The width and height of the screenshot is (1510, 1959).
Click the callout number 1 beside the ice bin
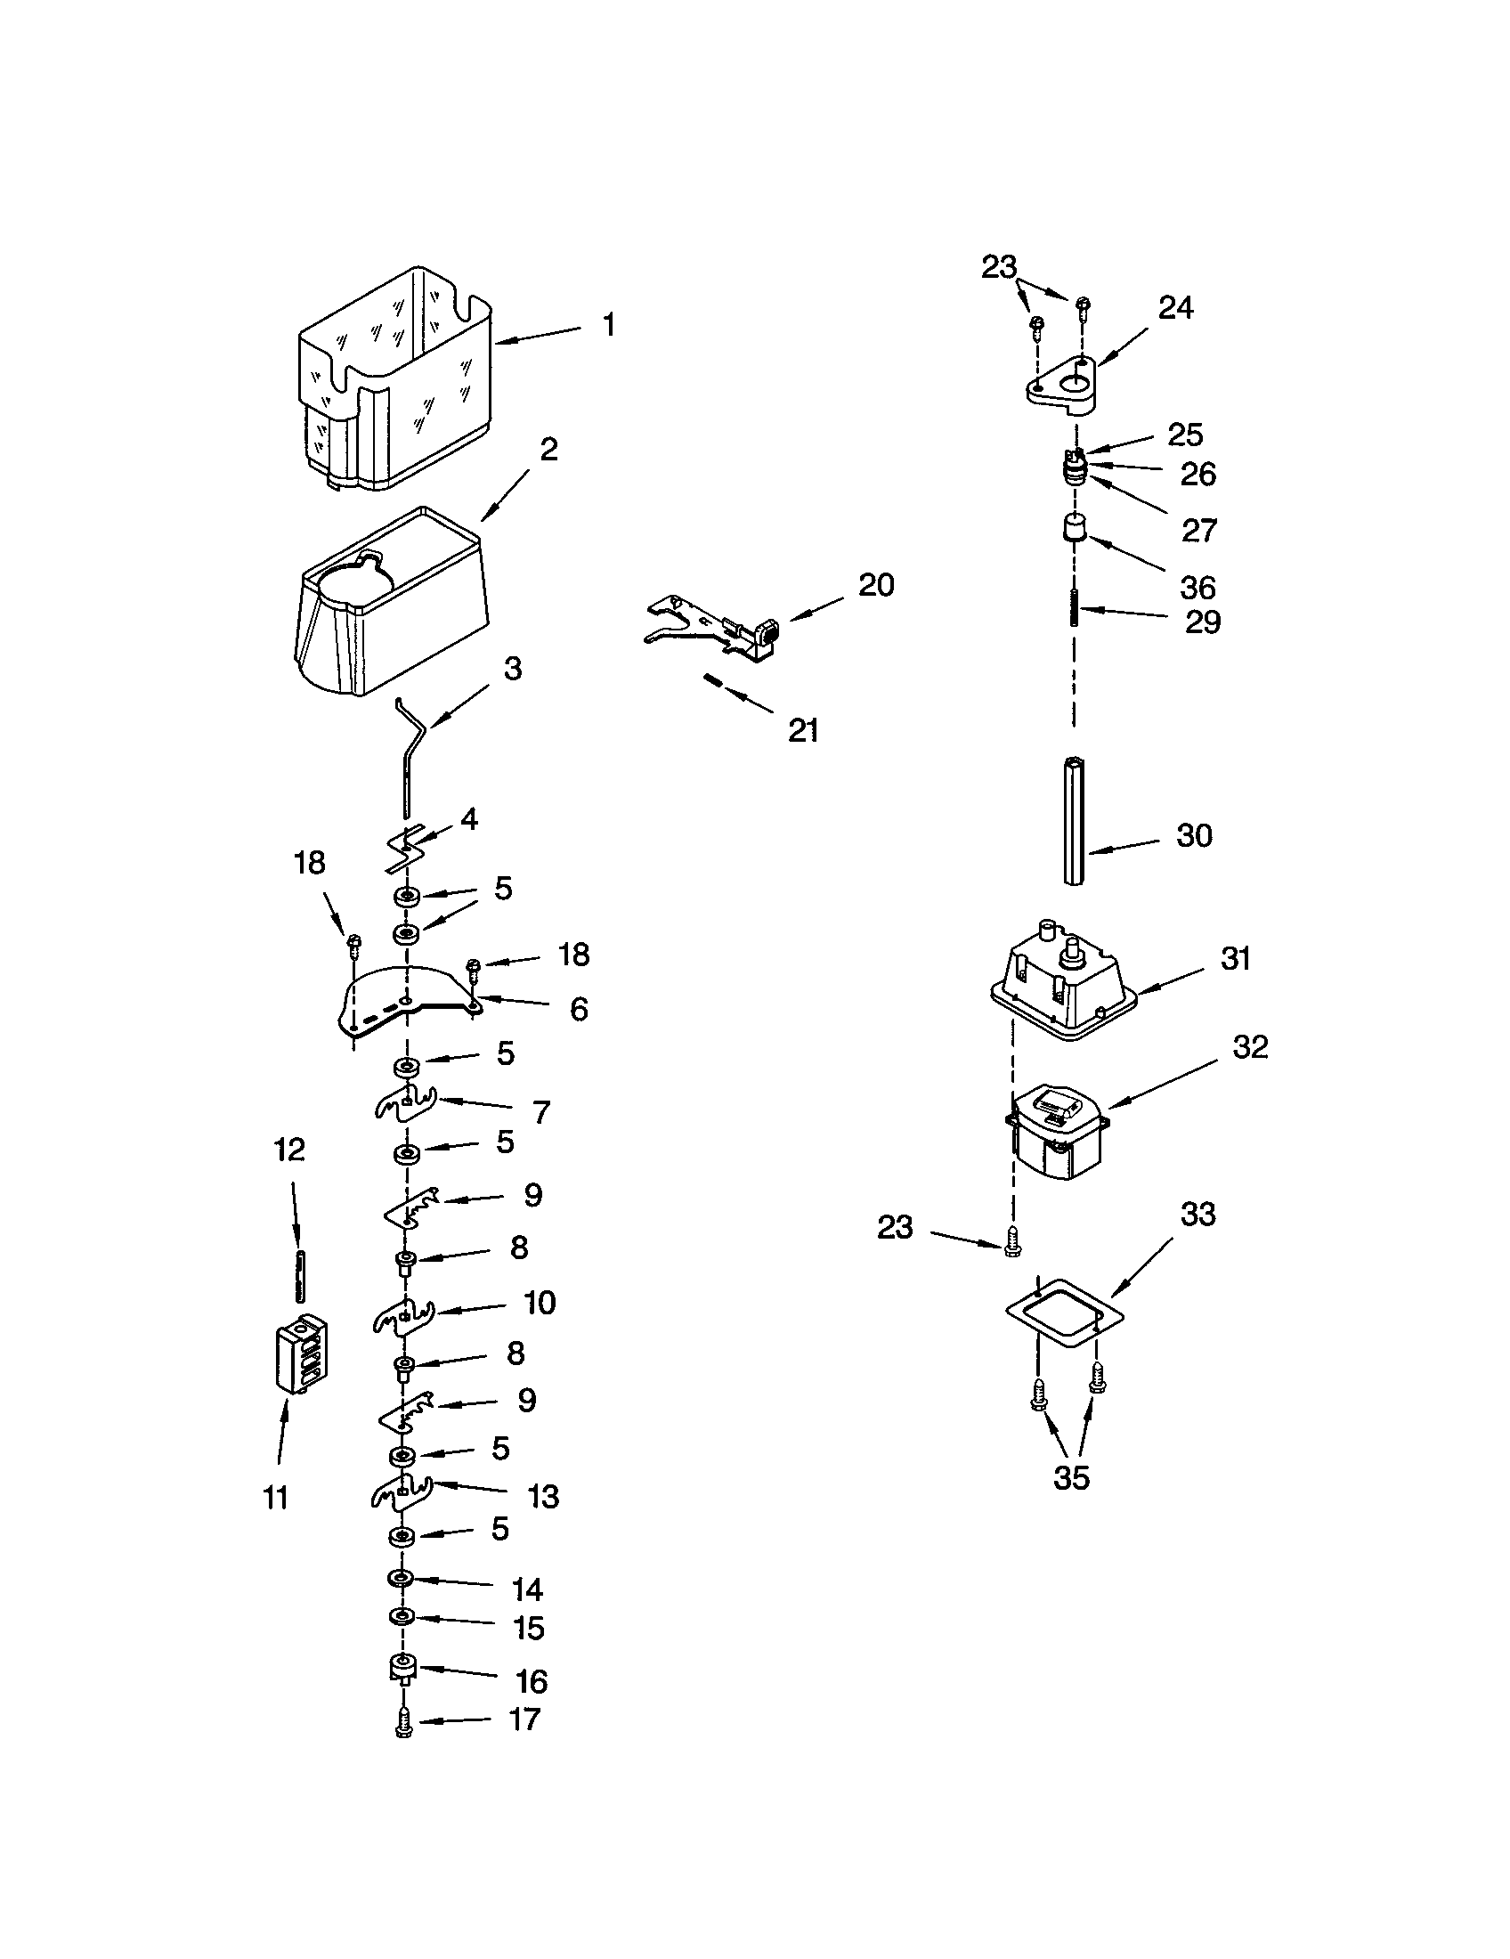click(609, 325)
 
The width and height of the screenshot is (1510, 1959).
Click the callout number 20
click(876, 585)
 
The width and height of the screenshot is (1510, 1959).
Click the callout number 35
click(1071, 1477)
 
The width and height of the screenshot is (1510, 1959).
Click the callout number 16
click(531, 1681)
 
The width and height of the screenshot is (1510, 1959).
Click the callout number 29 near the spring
click(1203, 622)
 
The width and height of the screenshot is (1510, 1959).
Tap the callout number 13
click(543, 1496)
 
